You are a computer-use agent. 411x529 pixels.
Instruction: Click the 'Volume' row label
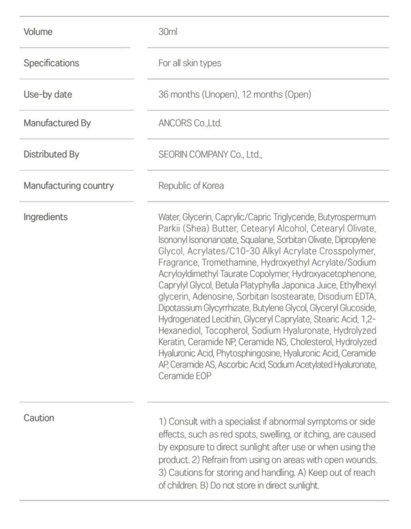38,32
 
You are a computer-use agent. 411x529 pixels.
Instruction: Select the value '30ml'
168,32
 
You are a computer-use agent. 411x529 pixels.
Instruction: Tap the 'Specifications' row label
51,63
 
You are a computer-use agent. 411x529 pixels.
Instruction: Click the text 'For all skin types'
189,63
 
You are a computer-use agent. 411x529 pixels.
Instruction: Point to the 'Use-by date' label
48,94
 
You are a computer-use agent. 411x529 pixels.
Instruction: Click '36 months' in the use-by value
179,94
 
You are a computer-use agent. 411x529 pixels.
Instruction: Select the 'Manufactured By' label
57,123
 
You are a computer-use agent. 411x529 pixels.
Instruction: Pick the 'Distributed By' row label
51,154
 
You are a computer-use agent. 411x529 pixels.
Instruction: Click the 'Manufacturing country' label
68,185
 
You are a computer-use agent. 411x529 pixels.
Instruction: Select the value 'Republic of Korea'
191,185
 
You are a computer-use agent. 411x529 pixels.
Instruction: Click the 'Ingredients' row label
45,217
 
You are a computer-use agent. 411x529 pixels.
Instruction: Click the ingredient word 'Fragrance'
178,262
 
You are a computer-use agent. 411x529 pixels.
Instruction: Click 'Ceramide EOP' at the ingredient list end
185,376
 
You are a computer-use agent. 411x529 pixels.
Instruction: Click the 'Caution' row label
39,418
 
